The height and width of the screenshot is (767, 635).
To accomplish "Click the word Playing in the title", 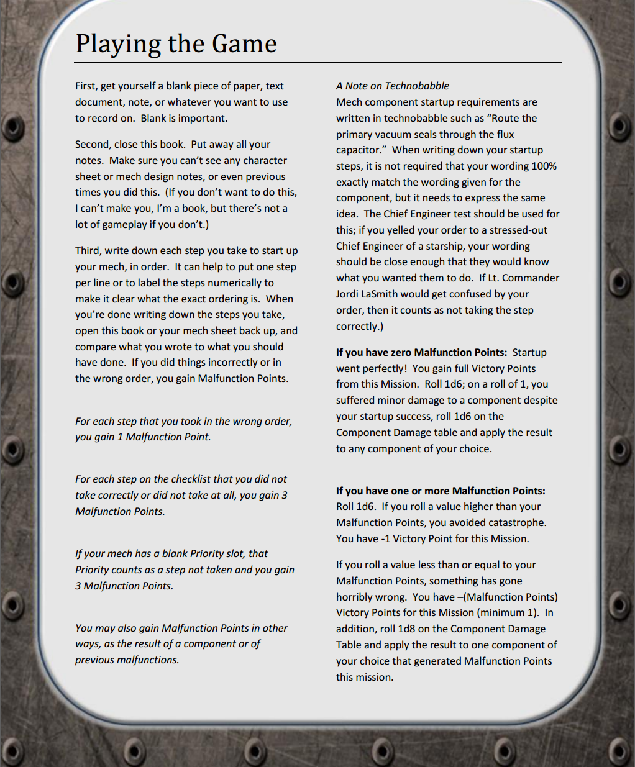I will (117, 44).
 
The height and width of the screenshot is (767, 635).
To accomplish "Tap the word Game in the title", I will (244, 43).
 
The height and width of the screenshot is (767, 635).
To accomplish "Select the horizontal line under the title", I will (317, 63).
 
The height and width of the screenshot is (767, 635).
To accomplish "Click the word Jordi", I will (349, 294).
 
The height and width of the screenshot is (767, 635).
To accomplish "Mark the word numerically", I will (239, 283).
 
